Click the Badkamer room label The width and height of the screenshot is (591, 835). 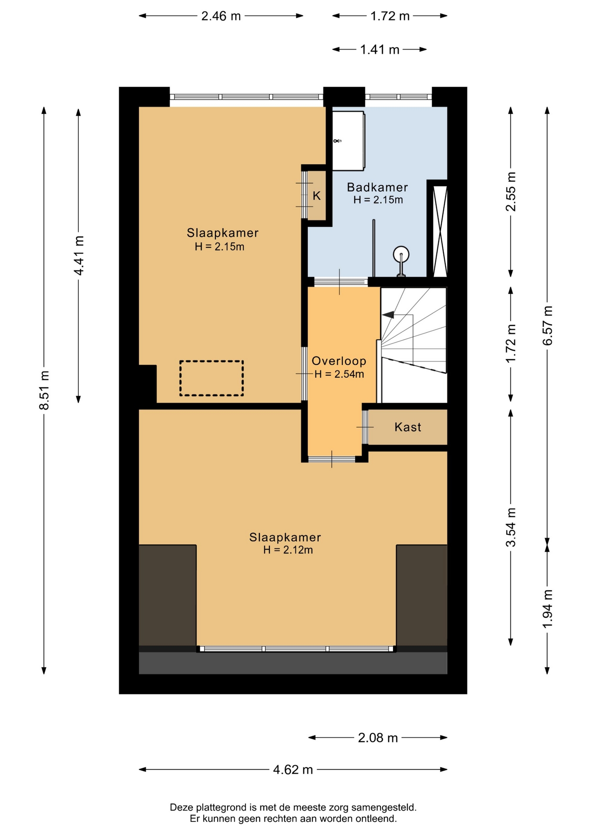(377, 187)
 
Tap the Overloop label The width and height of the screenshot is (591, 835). (339, 361)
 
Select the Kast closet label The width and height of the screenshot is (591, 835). (408, 427)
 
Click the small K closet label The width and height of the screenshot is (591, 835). (317, 196)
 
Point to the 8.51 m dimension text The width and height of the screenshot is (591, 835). (44, 390)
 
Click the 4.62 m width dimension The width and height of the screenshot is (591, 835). (293, 770)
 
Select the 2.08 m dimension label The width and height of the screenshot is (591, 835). (378, 738)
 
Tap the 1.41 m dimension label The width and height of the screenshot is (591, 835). (379, 50)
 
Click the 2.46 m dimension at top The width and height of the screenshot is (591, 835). (221, 16)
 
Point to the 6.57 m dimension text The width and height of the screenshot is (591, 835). (547, 325)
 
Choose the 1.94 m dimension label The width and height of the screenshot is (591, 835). (547, 608)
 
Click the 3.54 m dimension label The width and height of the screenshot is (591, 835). (511, 527)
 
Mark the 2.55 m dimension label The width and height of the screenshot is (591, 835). (511, 191)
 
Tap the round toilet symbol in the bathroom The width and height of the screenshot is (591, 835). (401, 255)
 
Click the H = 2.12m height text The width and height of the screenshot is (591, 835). (288, 550)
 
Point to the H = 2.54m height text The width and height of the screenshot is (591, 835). (339, 374)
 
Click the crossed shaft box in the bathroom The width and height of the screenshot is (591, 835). (440, 231)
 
